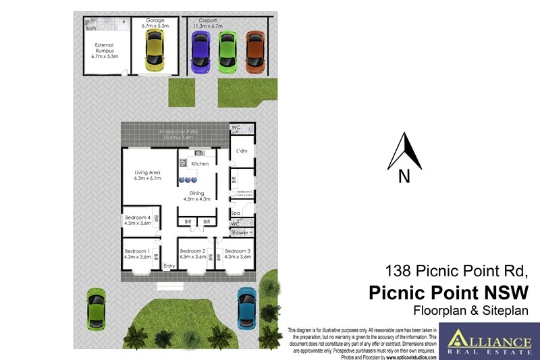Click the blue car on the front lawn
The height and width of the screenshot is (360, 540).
pos(247,308)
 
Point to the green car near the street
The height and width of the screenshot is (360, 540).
pos(97,309)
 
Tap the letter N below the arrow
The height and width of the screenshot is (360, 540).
pos(404,177)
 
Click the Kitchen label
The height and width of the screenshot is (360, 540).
pos(200,163)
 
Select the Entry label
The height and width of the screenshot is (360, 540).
pos(169,265)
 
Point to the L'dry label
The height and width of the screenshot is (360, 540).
pos(240,151)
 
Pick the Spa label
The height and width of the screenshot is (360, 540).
pos(236,213)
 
